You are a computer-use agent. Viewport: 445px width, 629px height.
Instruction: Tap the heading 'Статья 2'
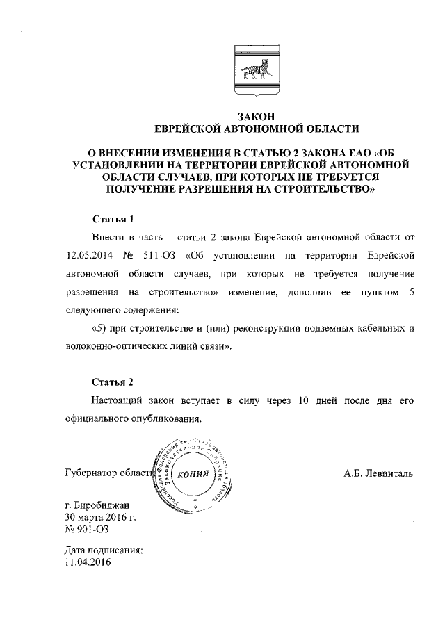coord(112,382)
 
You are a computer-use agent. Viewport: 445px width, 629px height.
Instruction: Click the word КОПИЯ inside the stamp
coord(193,474)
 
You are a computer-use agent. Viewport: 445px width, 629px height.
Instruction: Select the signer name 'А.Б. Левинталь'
coord(378,474)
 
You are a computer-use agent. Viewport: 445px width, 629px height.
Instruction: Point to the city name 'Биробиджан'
coord(102,506)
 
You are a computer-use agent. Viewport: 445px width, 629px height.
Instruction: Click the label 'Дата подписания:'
coord(103,550)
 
